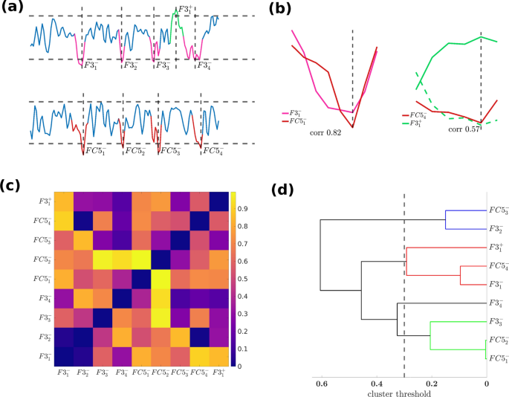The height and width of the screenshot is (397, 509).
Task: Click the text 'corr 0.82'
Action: tap(328, 131)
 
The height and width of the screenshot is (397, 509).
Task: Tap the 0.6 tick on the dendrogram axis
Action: tap(322, 383)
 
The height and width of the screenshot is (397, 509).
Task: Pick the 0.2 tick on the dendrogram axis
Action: tap(432, 383)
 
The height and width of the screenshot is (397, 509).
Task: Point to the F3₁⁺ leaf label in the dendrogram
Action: tap(496, 248)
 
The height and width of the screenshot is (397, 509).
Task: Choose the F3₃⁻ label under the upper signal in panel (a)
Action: tap(162, 66)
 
